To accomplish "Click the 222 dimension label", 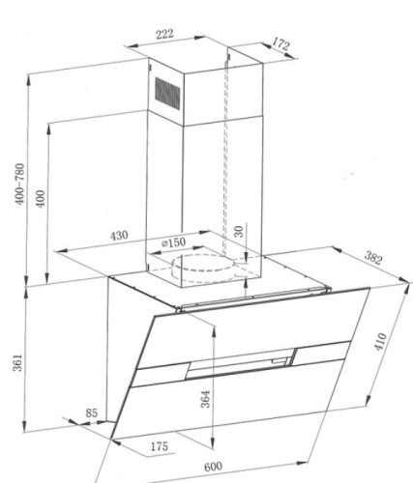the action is [164, 34].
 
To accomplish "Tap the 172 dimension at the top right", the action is [280, 43].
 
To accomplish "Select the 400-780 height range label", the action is [20, 184].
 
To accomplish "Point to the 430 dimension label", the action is [119, 236].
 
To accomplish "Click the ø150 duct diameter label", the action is [173, 242].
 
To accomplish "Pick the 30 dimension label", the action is [239, 231].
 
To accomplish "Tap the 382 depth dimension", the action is [373, 258].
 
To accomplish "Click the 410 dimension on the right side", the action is [380, 341].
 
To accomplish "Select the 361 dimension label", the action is [17, 362].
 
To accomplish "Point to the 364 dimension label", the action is [206, 399].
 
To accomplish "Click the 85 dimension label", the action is [91, 413].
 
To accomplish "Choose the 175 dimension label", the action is [160, 446].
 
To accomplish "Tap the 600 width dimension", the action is [213, 467].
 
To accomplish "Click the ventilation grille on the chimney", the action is [167, 94].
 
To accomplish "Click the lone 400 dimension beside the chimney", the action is [40, 199].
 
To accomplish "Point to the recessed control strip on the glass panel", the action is [241, 363].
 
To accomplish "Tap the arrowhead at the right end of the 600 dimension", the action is [302, 464].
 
